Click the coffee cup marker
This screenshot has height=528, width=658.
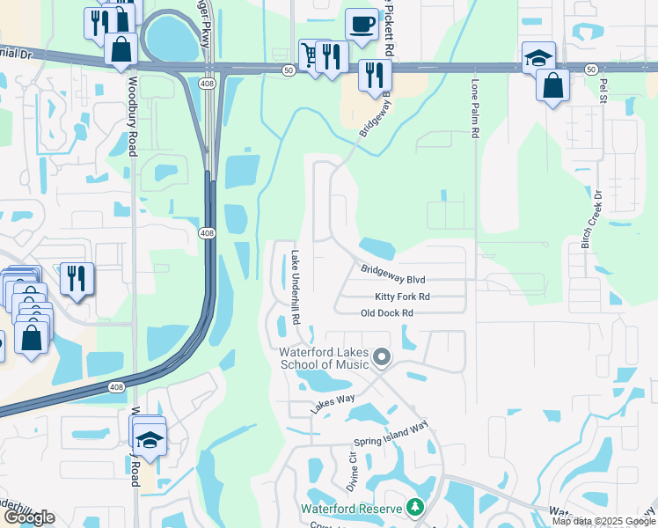tap(361, 24)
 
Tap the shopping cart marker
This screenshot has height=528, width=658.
tap(310, 55)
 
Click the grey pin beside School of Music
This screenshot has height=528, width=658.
tap(381, 357)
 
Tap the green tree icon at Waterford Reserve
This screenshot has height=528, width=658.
tap(414, 508)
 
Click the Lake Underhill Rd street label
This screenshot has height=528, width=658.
tap(296, 286)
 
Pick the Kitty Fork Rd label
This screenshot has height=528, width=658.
tap(402, 297)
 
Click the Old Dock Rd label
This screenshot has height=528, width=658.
tap(386, 313)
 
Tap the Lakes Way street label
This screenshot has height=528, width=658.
tap(333, 405)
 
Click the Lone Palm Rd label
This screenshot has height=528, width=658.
tap(475, 109)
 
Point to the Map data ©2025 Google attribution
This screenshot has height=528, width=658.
tap(603, 521)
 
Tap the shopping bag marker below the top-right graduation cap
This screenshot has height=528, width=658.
tap(552, 86)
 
